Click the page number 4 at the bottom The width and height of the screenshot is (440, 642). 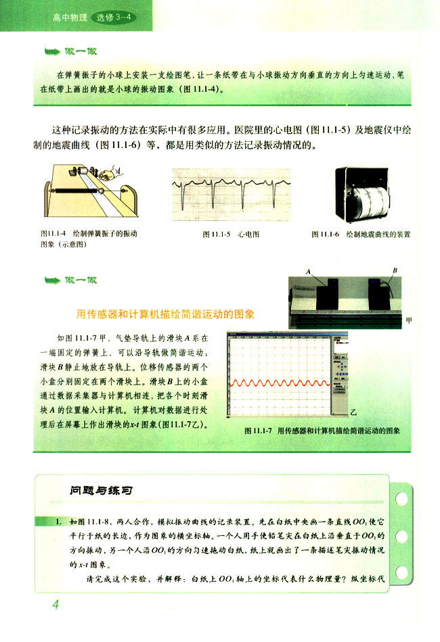56,603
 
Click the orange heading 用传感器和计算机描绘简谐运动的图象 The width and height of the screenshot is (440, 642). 165,314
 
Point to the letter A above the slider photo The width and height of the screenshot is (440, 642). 308,271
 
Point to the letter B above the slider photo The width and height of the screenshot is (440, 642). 395,270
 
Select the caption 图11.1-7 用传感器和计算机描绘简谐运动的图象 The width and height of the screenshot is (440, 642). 324,430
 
